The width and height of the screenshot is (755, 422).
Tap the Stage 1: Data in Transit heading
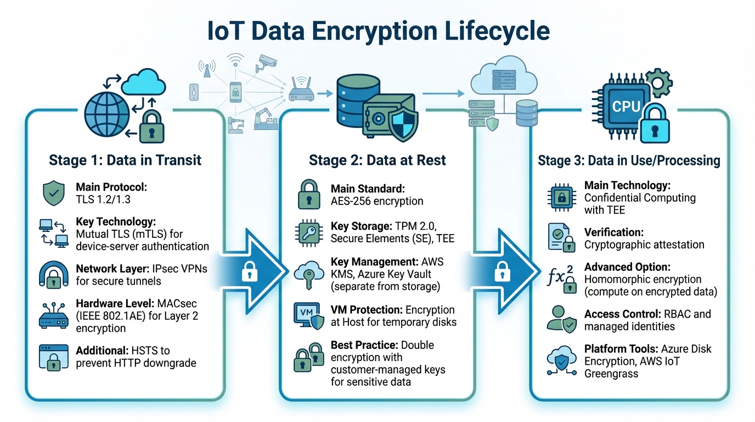tap(125, 160)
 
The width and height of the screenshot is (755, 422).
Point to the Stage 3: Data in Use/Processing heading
tap(628, 160)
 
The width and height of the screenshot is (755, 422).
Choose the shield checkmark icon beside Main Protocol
tap(53, 194)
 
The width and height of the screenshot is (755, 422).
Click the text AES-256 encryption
tap(377, 201)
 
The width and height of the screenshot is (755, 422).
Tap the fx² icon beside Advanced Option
tap(561, 277)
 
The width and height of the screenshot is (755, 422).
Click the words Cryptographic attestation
tap(644, 244)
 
